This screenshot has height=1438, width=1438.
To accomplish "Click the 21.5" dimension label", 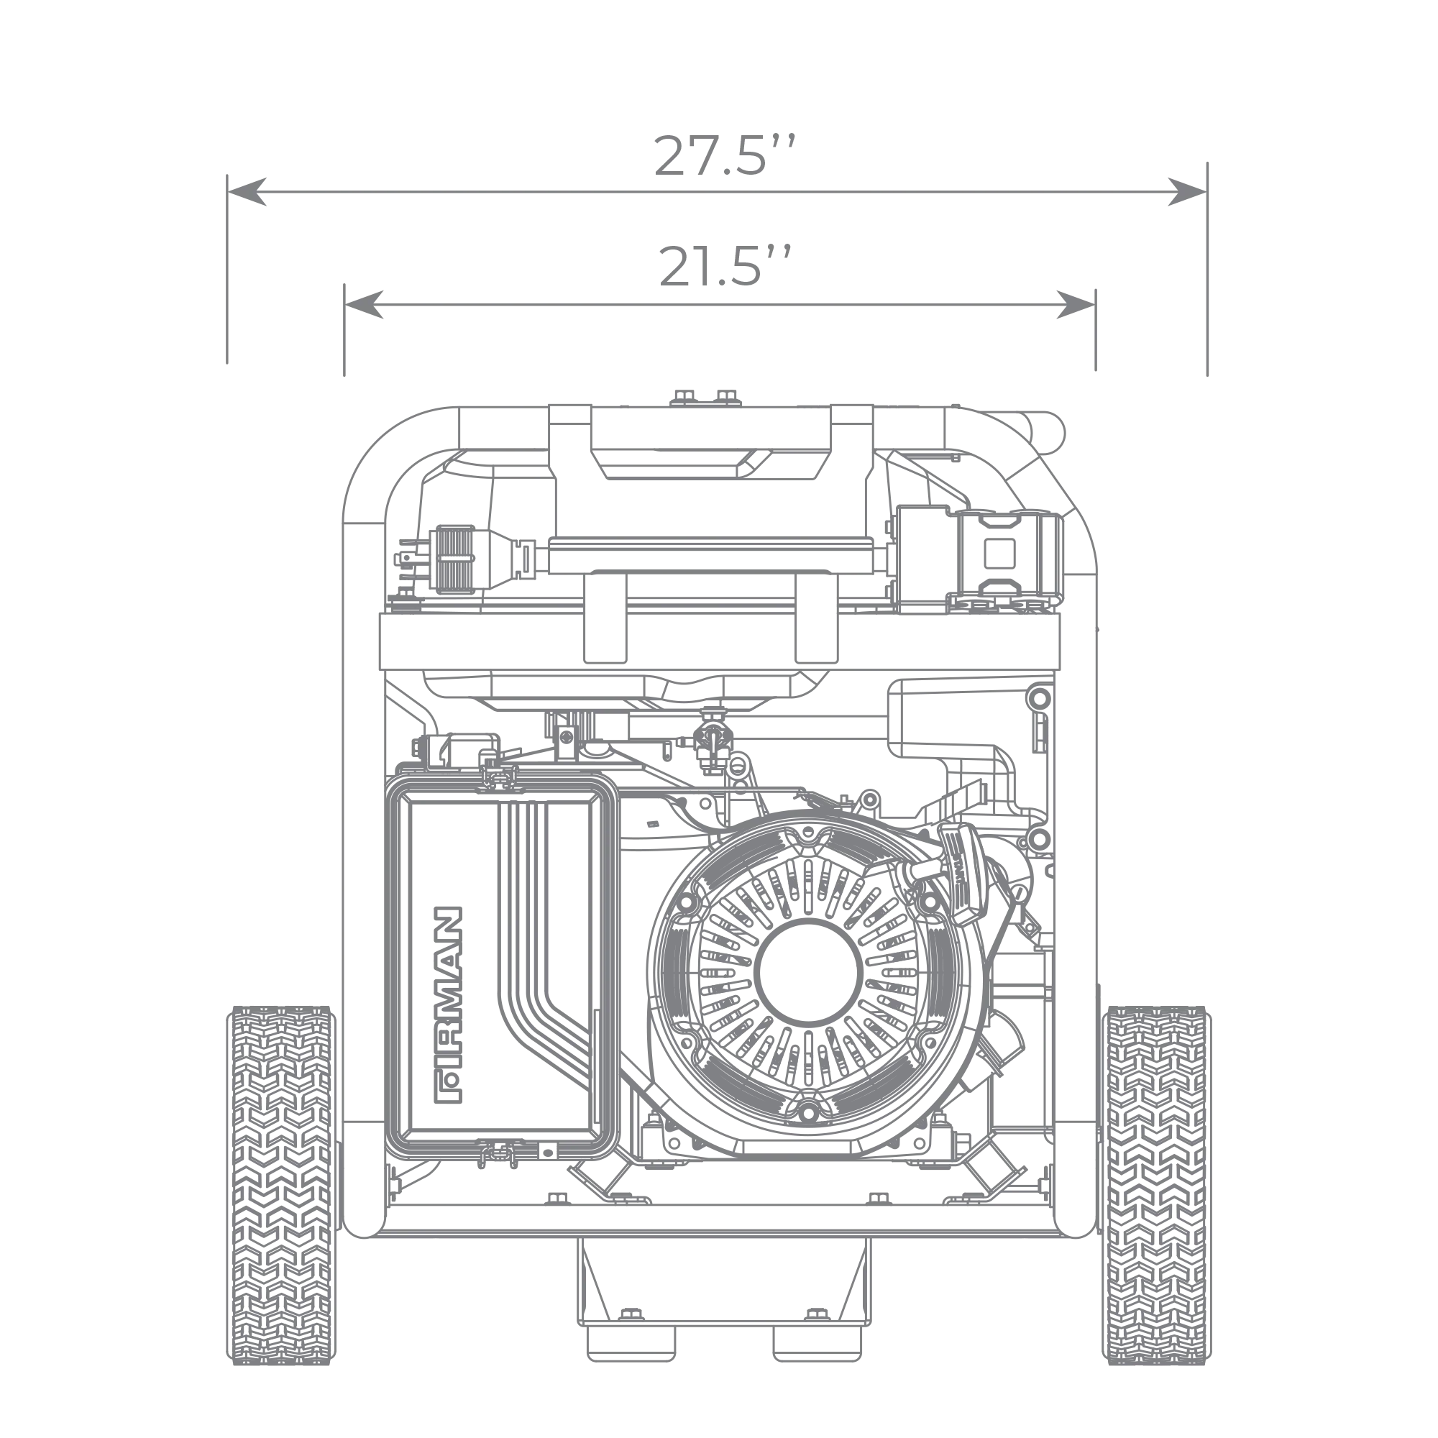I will click(x=722, y=265).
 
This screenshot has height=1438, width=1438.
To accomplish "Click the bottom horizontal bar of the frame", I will click(x=722, y=1236).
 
